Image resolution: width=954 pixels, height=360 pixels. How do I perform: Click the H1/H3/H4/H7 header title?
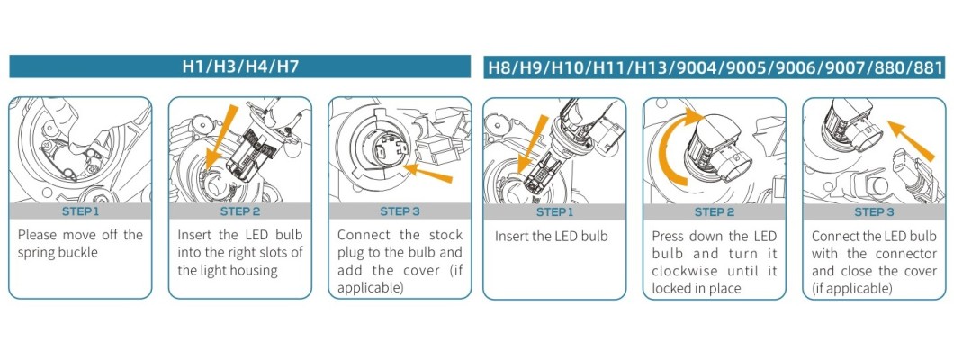point(240,67)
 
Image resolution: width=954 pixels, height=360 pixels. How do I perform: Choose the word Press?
point(669,236)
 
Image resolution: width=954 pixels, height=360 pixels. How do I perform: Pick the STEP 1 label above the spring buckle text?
point(80,212)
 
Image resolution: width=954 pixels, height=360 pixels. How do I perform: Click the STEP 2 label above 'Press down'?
point(714,212)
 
